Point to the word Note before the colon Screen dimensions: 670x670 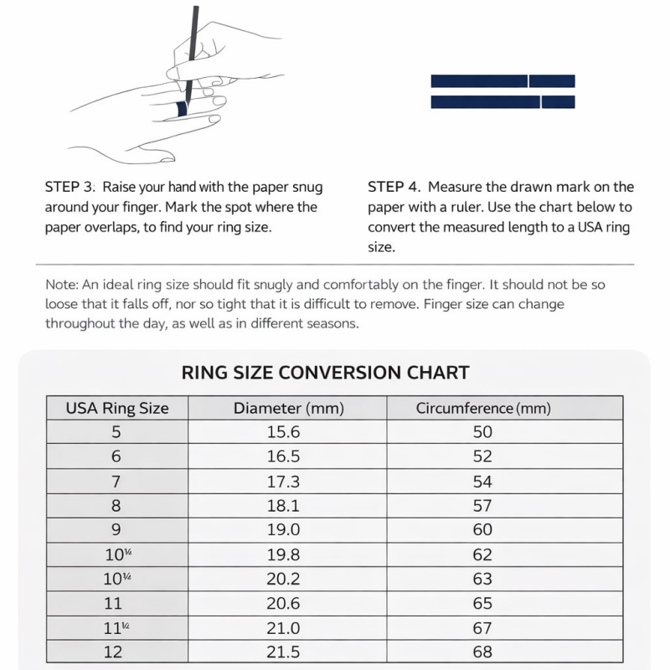[x=59, y=284]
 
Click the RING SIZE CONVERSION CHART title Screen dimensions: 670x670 [x=325, y=372]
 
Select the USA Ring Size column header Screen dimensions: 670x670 [x=117, y=409]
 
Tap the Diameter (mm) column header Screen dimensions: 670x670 [x=289, y=409]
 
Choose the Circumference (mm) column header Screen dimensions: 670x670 [x=483, y=409]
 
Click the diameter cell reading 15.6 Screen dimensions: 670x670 [x=284, y=432]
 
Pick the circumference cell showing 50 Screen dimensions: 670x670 [x=482, y=432]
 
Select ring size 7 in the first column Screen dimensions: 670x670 [x=116, y=482]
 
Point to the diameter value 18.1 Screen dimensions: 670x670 [x=284, y=506]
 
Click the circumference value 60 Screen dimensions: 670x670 [x=482, y=530]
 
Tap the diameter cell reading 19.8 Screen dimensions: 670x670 [x=284, y=554]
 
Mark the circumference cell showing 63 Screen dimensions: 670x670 [x=482, y=579]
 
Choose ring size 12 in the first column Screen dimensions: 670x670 [x=114, y=652]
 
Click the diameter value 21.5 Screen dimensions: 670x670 [x=284, y=652]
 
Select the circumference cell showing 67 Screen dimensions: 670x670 [x=482, y=627]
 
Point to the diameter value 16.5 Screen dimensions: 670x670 [x=284, y=456]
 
